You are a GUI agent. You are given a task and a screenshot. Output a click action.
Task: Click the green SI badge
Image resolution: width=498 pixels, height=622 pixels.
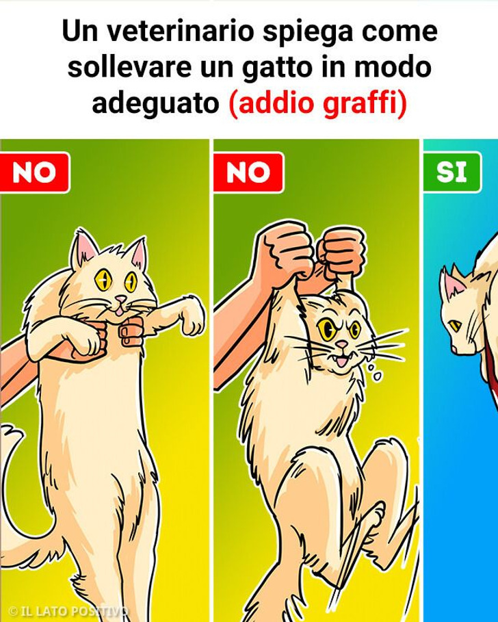click(x=451, y=172)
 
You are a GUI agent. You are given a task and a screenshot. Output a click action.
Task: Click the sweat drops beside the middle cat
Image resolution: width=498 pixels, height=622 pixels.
click(x=371, y=370)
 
